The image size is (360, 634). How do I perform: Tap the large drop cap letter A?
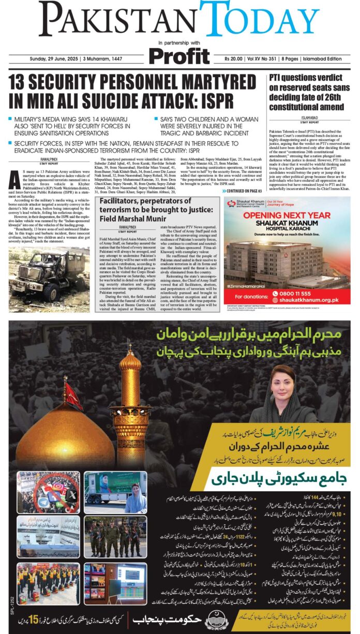(14, 179)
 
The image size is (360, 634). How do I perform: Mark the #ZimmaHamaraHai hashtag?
(246, 286)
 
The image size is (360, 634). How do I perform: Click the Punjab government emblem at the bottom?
(214, 618)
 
